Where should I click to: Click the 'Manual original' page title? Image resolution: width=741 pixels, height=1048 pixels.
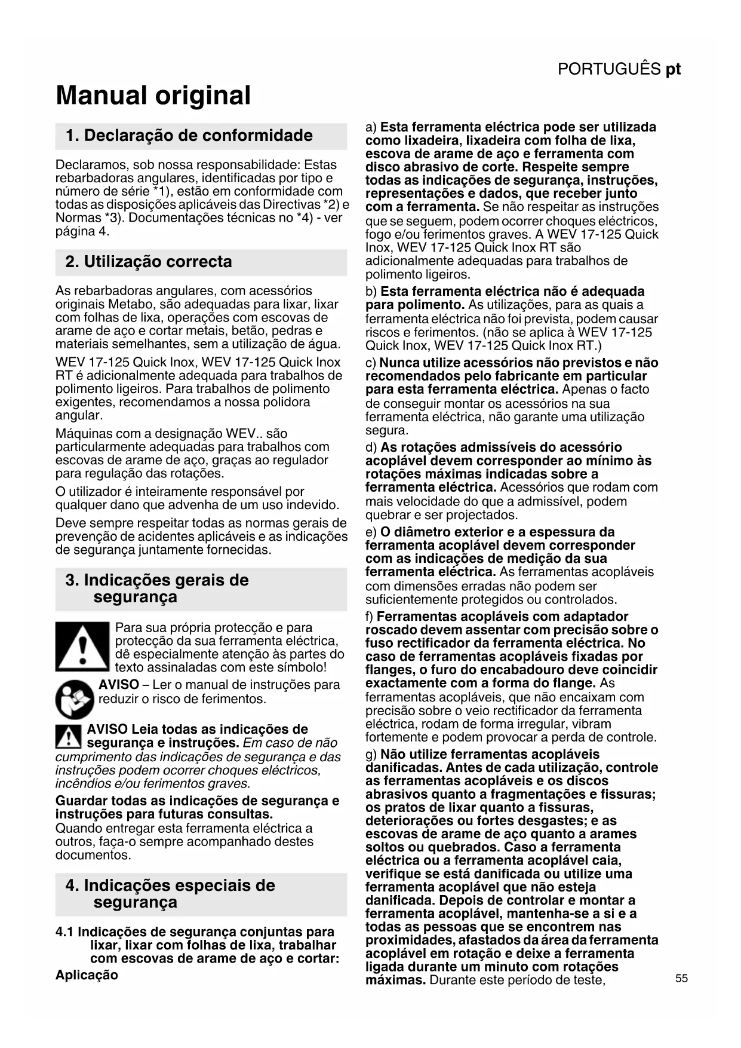coord(153,96)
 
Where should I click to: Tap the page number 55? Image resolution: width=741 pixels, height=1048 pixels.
coord(681,979)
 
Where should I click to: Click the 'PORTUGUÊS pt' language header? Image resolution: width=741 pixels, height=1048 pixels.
coord(619,69)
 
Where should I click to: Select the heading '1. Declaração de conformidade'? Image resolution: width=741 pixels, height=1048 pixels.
coord(189,136)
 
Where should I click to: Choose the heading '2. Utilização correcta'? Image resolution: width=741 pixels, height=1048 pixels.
coord(149,262)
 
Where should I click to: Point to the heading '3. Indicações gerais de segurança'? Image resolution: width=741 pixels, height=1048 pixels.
coord(156,589)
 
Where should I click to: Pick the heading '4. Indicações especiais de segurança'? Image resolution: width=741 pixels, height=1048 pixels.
coord(170,894)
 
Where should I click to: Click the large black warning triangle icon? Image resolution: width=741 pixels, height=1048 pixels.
coord(82,646)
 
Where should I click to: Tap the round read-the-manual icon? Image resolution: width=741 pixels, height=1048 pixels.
coord(75,699)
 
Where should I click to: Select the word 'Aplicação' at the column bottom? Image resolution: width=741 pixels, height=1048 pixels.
coord(87,975)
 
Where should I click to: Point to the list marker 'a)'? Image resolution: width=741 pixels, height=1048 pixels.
coord(371,127)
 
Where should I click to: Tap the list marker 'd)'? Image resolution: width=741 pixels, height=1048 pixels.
coord(371,448)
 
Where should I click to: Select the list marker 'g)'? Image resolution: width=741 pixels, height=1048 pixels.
coord(371,755)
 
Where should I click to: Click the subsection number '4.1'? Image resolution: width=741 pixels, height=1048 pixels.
coord(64,932)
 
